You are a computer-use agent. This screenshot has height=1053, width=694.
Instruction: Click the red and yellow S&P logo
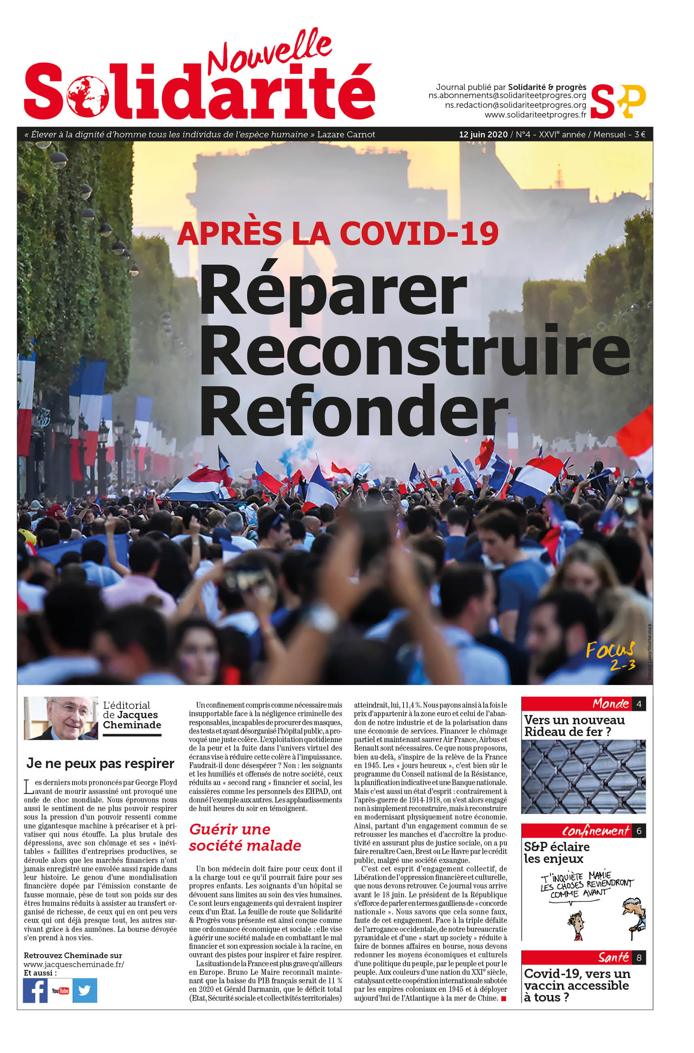[618, 101]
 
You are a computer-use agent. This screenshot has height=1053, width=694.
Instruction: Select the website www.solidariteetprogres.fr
[535, 115]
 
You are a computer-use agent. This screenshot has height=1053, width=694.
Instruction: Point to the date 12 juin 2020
[483, 135]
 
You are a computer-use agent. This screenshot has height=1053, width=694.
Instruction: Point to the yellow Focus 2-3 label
[611, 656]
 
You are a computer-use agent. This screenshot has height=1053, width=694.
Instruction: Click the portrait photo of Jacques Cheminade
[61, 718]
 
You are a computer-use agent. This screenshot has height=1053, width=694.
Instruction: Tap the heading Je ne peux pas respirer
[100, 763]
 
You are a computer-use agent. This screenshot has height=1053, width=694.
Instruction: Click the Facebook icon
[35, 990]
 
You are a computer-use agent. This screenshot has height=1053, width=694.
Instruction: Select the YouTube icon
[60, 991]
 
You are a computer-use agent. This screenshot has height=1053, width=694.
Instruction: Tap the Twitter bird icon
[85, 990]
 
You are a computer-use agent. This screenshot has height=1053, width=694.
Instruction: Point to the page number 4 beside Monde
[638, 704]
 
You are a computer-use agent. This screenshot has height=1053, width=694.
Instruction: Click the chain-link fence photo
[583, 777]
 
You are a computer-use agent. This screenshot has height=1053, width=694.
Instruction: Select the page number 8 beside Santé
[638, 957]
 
